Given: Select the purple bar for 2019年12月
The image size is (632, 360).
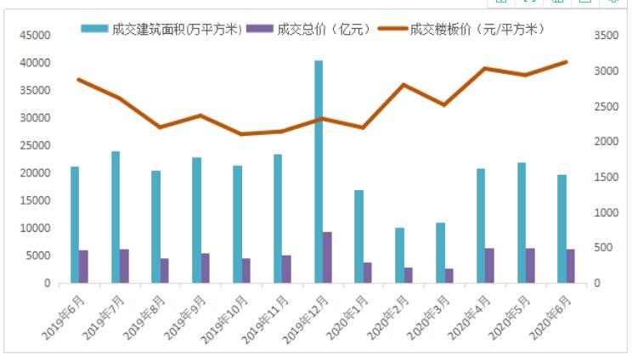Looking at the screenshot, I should [x=328, y=257].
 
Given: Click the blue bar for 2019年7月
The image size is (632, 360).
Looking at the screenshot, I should [x=116, y=217].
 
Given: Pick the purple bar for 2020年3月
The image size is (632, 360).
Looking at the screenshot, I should [x=449, y=275].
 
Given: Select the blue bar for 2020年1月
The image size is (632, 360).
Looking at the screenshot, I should [x=359, y=236].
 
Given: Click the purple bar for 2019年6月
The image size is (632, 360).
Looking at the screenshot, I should [x=83, y=266].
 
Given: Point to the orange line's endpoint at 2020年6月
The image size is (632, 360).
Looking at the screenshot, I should [x=566, y=62].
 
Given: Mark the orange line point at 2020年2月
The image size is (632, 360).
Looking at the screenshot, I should [x=404, y=85].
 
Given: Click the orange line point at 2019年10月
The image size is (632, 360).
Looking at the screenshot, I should [x=241, y=134].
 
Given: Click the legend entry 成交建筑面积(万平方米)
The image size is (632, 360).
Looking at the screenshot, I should [x=161, y=29].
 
